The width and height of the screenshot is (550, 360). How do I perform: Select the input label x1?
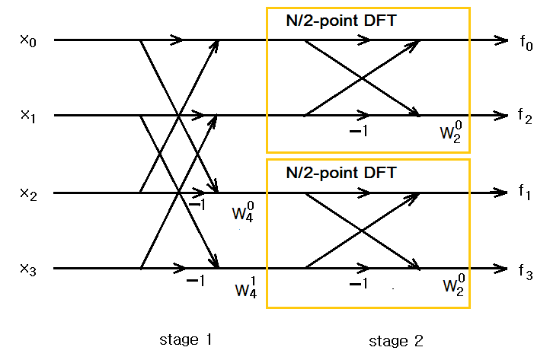click(x=27, y=116)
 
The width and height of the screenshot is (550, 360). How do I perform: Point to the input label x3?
click(x=27, y=269)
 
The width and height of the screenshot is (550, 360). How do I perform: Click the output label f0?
click(x=526, y=42)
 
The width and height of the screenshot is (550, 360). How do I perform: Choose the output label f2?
click(x=526, y=116)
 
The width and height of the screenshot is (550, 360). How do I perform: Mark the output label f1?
click(x=526, y=193)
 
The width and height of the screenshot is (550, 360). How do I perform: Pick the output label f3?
click(x=526, y=269)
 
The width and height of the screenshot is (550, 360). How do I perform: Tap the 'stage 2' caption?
click(x=395, y=340)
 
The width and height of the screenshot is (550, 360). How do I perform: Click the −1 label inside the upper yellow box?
click(x=358, y=132)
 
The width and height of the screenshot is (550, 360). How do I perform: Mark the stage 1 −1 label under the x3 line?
click(x=196, y=282)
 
